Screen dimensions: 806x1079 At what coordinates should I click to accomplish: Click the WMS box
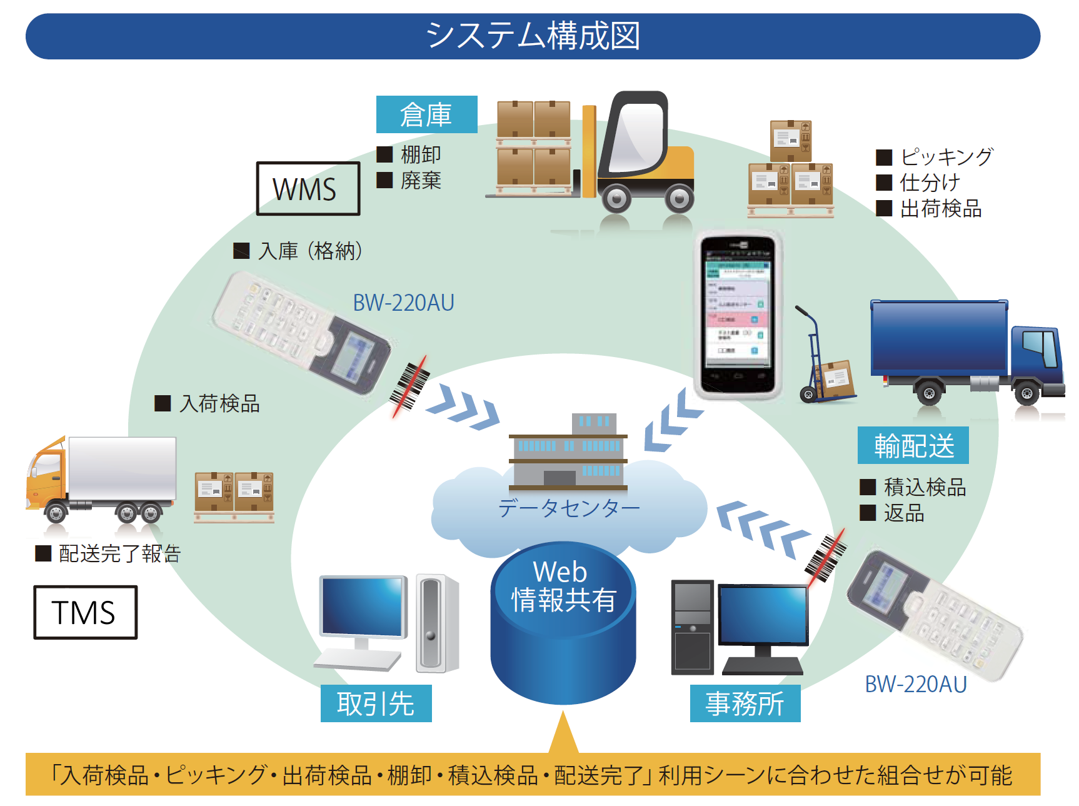tap(308, 189)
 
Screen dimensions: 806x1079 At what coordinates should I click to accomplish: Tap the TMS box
tap(85, 612)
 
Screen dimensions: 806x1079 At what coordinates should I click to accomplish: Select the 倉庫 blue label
tap(426, 114)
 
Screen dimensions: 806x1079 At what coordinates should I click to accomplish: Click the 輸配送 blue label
tap(913, 445)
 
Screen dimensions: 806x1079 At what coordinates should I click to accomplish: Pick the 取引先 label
tap(376, 703)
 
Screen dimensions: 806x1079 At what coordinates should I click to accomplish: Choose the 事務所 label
tap(745, 703)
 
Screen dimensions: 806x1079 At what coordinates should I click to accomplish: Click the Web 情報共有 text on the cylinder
tap(563, 587)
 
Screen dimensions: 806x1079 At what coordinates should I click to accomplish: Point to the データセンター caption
tap(569, 508)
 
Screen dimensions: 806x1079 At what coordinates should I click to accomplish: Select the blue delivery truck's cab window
tap(1040, 348)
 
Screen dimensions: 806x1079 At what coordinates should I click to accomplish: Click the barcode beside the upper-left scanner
tap(409, 386)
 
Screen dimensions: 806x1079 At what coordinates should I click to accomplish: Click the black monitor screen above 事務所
tap(763, 615)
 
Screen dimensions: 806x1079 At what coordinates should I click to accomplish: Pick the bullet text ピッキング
tap(946, 156)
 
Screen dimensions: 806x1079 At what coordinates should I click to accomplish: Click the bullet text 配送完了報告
tap(119, 553)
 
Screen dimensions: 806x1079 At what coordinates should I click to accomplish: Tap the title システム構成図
tap(533, 36)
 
